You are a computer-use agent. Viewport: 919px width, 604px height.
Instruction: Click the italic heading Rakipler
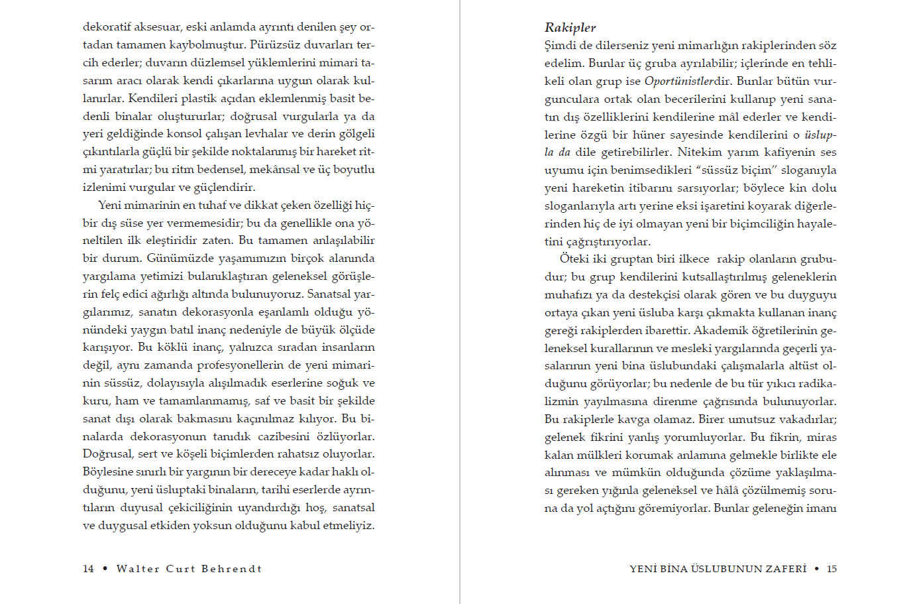click(x=570, y=28)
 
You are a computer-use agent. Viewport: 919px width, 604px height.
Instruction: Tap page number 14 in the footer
click(x=88, y=569)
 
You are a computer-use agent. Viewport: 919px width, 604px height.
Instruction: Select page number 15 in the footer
click(x=832, y=569)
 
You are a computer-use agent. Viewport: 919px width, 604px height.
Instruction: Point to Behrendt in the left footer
click(x=231, y=569)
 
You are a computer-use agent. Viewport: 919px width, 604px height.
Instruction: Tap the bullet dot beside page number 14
click(x=105, y=569)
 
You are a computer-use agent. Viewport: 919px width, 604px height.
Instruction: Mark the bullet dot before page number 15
click(x=817, y=569)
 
